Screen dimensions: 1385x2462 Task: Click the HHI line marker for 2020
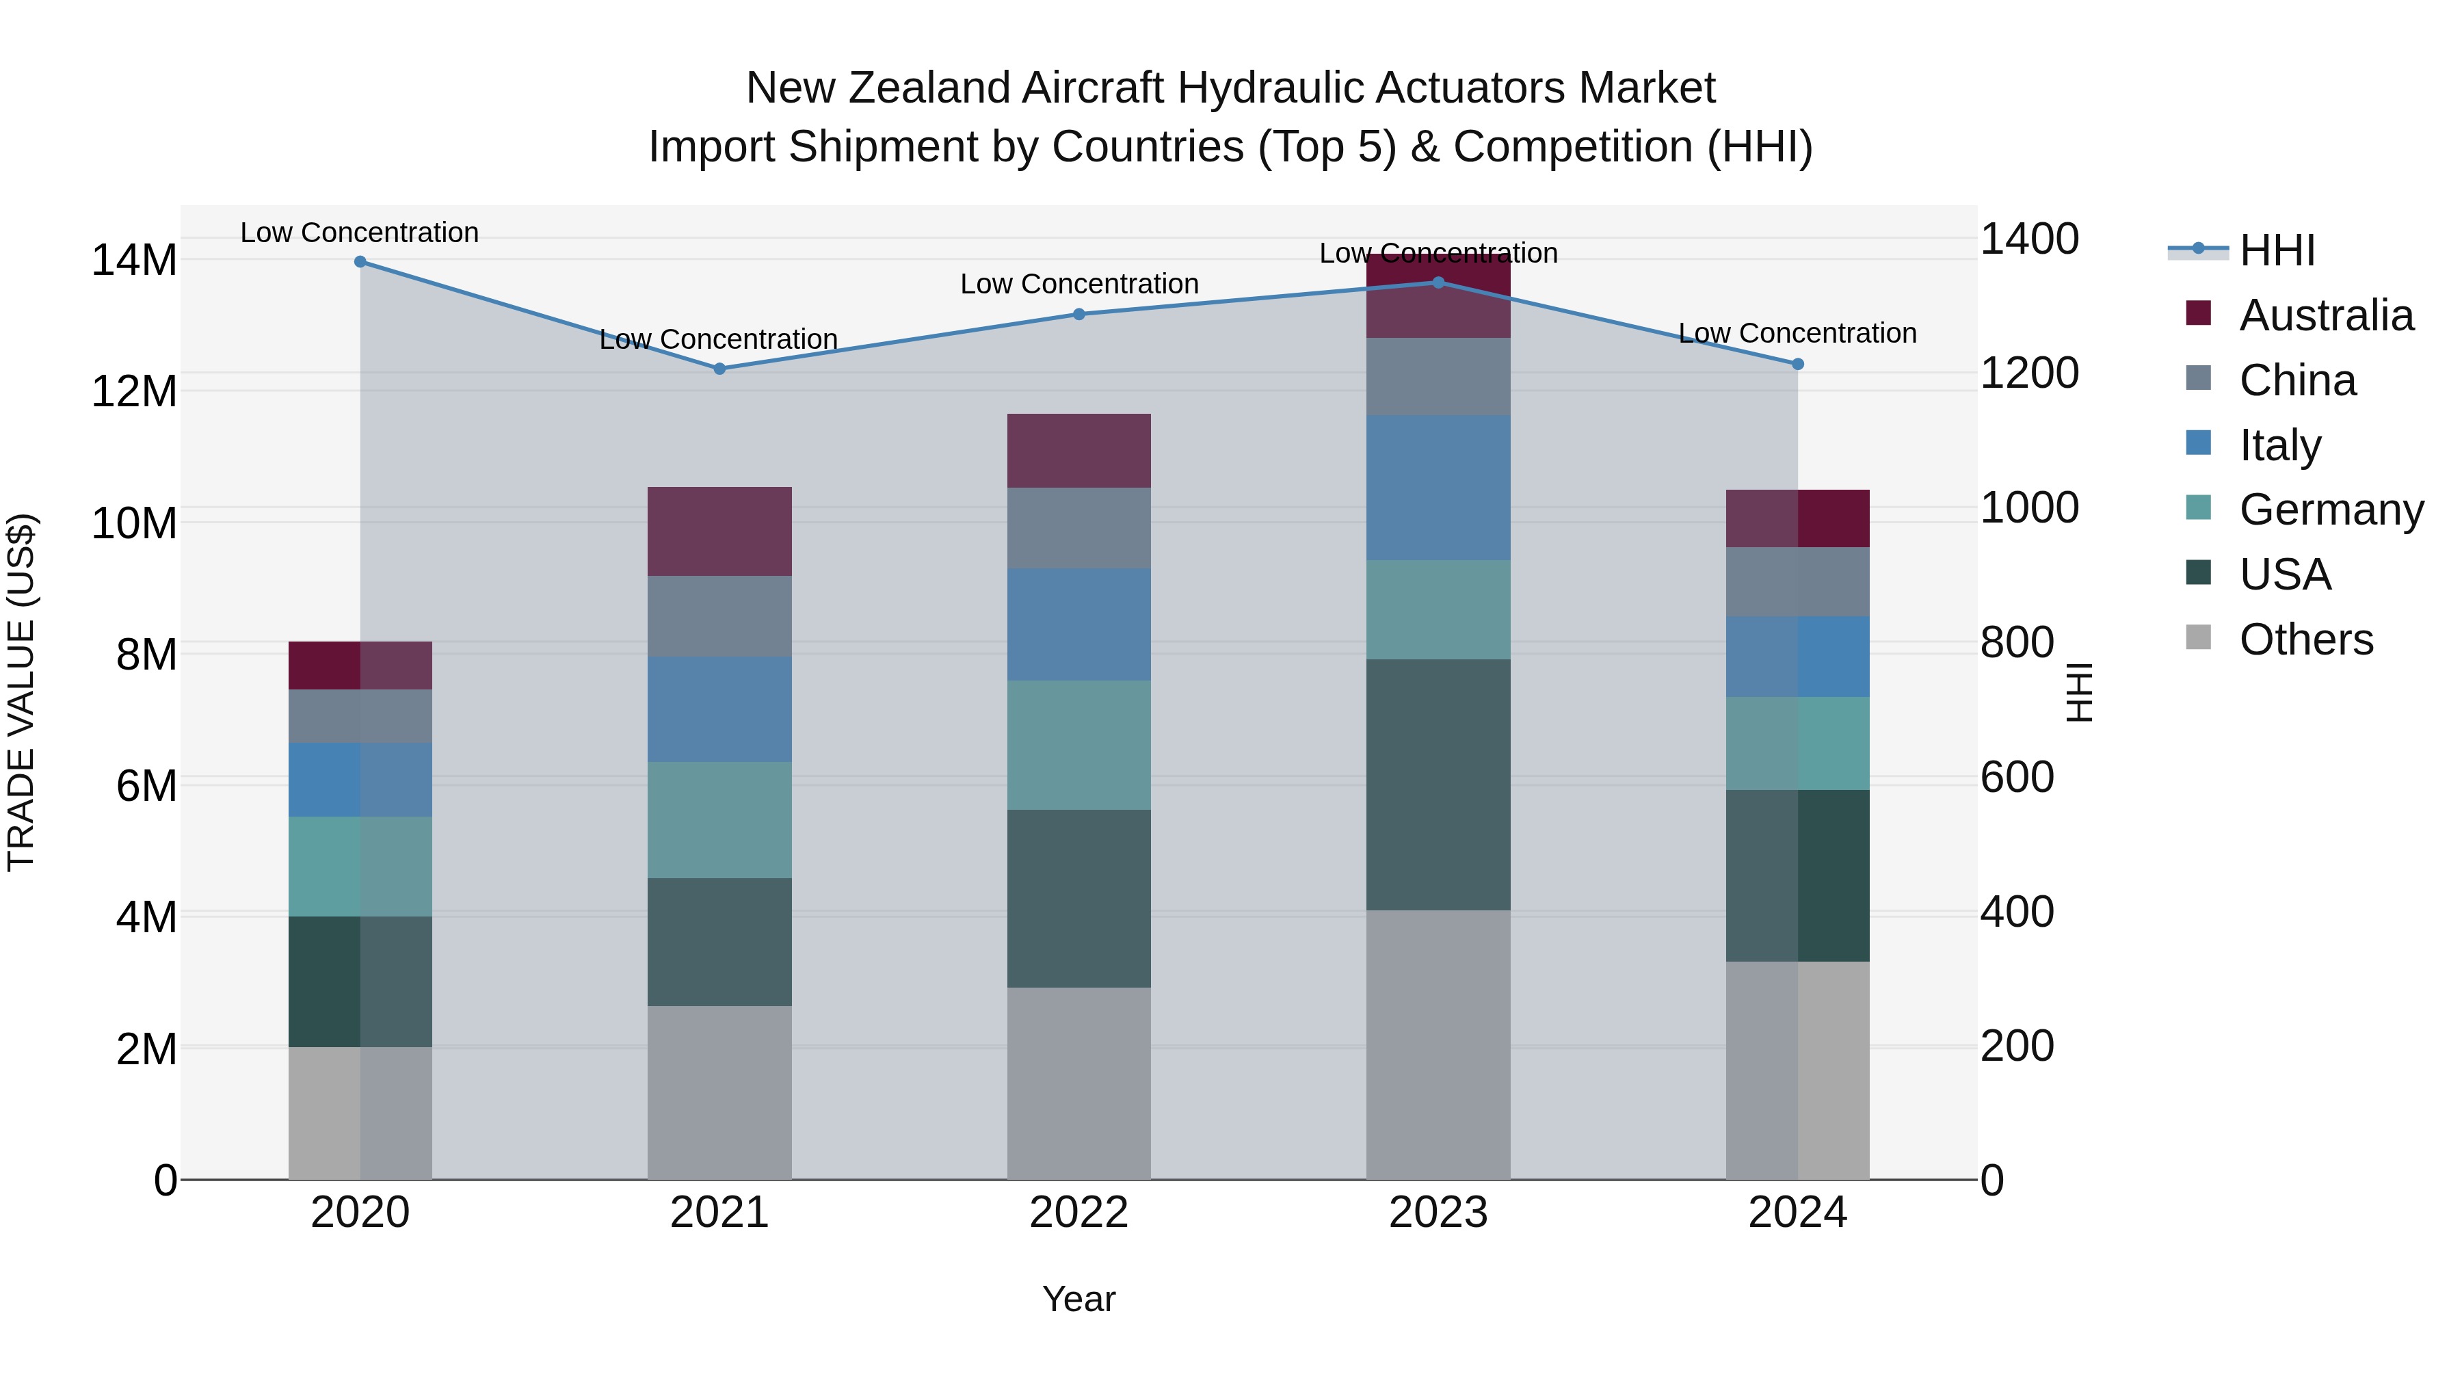click(x=360, y=262)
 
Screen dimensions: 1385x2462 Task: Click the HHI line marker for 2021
click(x=719, y=369)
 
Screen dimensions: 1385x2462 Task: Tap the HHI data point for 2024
click(x=1798, y=364)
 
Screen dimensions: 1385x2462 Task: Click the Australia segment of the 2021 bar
click(x=719, y=531)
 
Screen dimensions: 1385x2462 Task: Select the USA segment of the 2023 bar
click(x=1438, y=784)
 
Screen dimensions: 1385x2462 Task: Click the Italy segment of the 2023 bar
click(x=1438, y=488)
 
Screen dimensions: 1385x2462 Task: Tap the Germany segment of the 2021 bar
click(x=719, y=820)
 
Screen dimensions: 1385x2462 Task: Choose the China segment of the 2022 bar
click(x=1079, y=529)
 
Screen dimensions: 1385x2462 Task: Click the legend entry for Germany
click(x=2331, y=510)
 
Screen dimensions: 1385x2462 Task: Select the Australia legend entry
click(x=2325, y=315)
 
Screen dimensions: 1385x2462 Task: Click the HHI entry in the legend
click(x=2277, y=250)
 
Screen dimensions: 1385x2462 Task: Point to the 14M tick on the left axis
click(x=134, y=260)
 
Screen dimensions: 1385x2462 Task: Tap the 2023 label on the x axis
click(x=1438, y=1213)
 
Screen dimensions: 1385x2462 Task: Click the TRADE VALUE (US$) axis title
click(x=21, y=692)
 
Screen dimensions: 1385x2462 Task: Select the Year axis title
click(x=1079, y=1299)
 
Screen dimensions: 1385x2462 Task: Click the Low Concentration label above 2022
click(x=1079, y=284)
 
